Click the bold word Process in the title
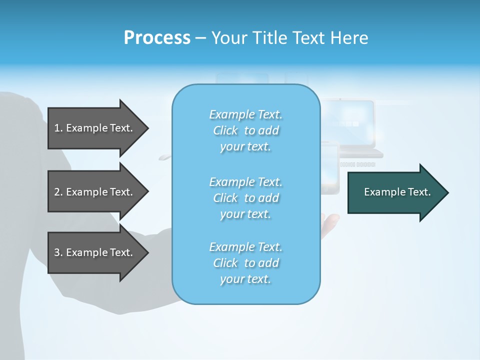tap(157, 38)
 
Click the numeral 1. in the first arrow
tap(58, 128)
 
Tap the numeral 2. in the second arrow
tap(58, 192)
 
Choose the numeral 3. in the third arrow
tap(58, 252)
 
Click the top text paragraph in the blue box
tap(245, 130)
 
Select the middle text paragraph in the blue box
tap(245, 198)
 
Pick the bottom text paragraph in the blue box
tap(245, 263)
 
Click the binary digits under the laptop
tap(357, 164)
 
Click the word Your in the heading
tap(229, 38)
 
